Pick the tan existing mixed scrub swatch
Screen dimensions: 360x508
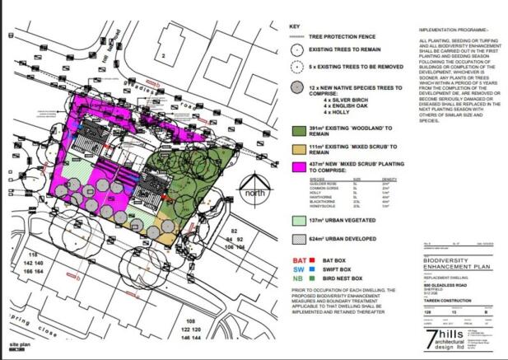click(x=297, y=148)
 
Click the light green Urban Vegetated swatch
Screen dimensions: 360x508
click(x=297, y=222)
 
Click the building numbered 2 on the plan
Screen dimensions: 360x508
click(x=164, y=55)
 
